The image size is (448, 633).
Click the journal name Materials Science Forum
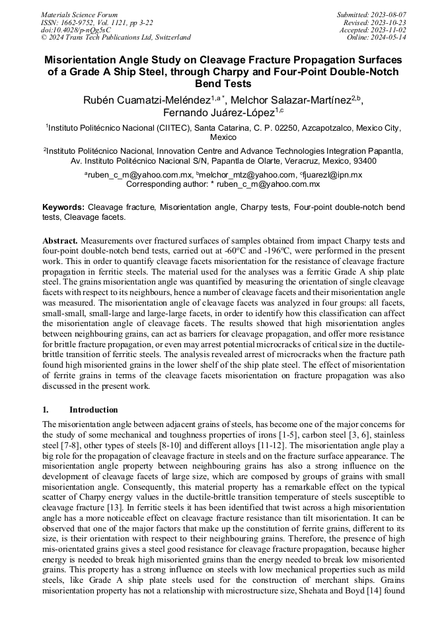point(79,15)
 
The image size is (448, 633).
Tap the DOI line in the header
point(75,30)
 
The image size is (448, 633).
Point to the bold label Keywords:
point(63,207)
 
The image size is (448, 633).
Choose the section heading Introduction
point(93,409)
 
